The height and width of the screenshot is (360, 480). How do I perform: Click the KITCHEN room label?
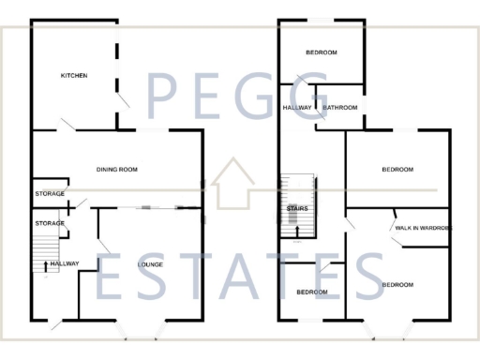(74, 75)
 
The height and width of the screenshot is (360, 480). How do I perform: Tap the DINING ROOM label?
(117, 169)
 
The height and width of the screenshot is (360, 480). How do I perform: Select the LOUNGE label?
(150, 264)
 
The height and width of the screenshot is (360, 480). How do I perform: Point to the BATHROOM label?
(340, 108)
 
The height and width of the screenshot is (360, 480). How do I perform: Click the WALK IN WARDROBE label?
(423, 228)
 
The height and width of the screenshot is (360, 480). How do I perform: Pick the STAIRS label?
(298, 208)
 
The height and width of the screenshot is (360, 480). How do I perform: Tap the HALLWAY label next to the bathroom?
(297, 108)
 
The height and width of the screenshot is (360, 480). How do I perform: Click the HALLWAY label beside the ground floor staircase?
(65, 263)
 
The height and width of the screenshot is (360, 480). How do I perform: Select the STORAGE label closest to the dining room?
(50, 193)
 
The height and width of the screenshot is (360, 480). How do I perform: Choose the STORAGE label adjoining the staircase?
(50, 223)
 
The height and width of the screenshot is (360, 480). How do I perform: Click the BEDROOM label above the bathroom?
(321, 52)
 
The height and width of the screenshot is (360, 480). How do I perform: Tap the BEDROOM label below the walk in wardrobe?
(397, 284)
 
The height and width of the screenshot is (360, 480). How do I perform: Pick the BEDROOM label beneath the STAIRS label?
(312, 292)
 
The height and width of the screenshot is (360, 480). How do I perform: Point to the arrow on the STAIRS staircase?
(298, 229)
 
